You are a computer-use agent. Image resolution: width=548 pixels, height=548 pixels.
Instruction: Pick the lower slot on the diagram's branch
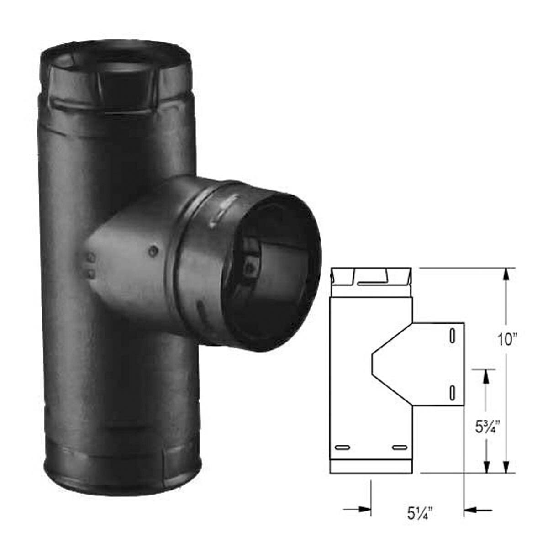(452, 393)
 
